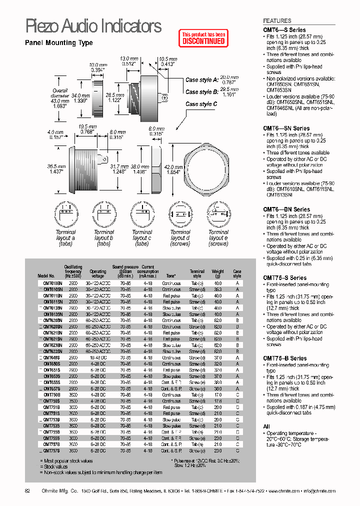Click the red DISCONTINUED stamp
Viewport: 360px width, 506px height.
coord(203,38)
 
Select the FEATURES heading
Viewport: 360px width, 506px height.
coord(277,21)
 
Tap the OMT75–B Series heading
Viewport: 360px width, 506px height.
coord(285,358)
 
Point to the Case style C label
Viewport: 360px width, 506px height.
coord(201,104)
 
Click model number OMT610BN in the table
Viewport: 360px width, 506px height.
coord(50,283)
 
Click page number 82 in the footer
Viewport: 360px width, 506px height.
coord(28,491)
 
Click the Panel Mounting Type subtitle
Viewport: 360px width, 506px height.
coord(59,43)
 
